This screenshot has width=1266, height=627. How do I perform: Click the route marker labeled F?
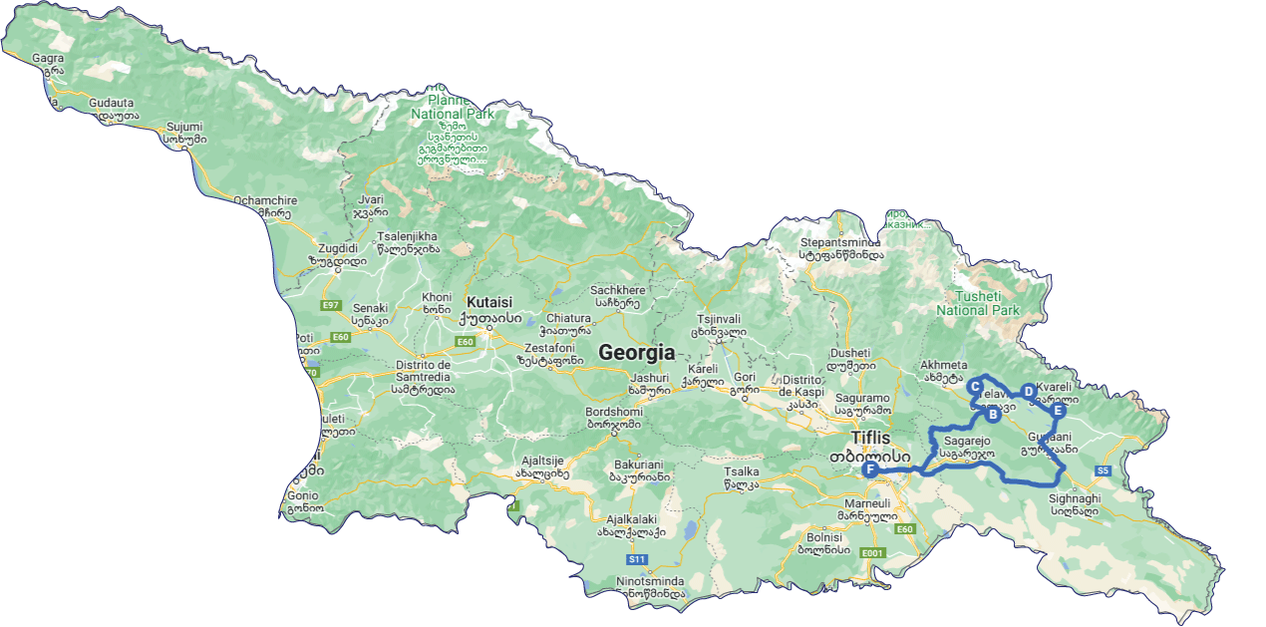870,470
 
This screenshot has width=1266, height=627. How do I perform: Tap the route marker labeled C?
976,387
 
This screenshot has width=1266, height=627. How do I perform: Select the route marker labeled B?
993,415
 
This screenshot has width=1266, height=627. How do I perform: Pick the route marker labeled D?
1029,392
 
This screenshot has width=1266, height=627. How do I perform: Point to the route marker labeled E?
1059,410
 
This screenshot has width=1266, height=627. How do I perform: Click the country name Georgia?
636,353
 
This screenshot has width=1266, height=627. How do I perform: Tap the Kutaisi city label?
488,302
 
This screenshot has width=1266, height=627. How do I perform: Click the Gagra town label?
48,58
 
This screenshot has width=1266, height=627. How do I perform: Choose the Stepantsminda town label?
841,241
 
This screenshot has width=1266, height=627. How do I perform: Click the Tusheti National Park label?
978,303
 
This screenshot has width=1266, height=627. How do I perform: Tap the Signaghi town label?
1075,497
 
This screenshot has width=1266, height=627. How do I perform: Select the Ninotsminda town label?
650,581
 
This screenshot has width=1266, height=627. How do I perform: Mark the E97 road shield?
331,304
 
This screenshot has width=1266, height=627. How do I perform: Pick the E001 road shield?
872,552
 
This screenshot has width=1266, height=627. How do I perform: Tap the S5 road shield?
1103,470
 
